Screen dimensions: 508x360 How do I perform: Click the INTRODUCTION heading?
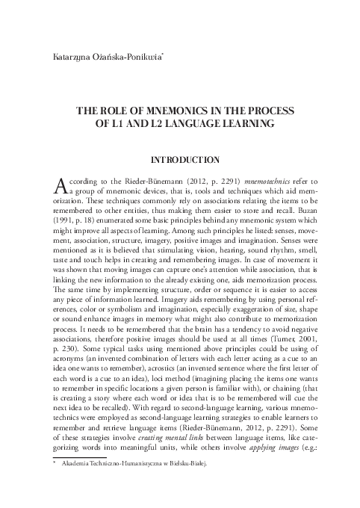click(x=185, y=160)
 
